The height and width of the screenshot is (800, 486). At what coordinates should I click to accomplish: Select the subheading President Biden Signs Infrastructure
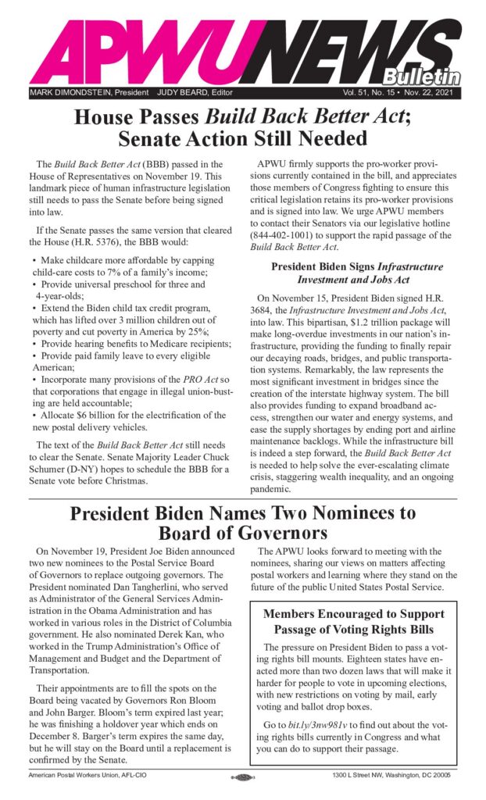(x=356, y=266)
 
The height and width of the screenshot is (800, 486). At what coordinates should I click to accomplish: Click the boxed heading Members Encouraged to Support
(x=353, y=613)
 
